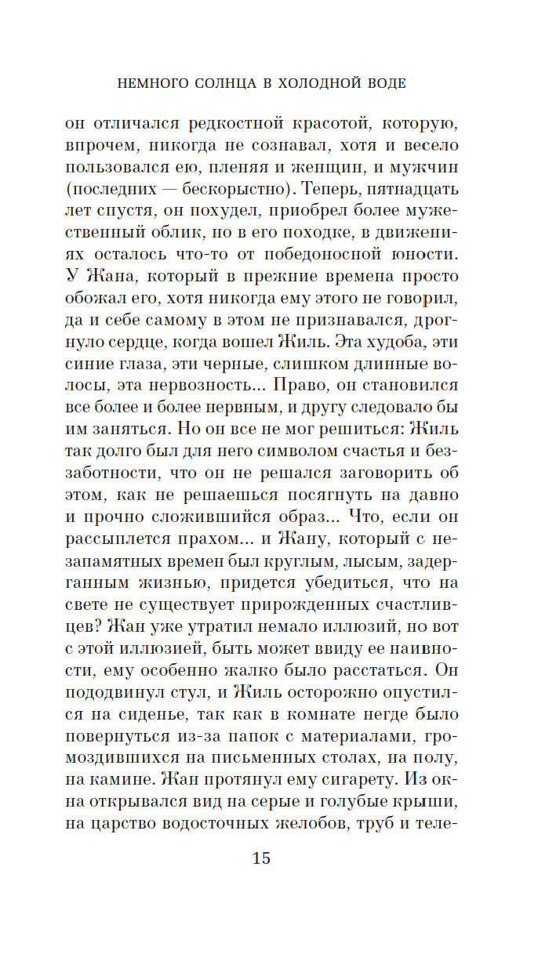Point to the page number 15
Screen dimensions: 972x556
click(261, 858)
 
